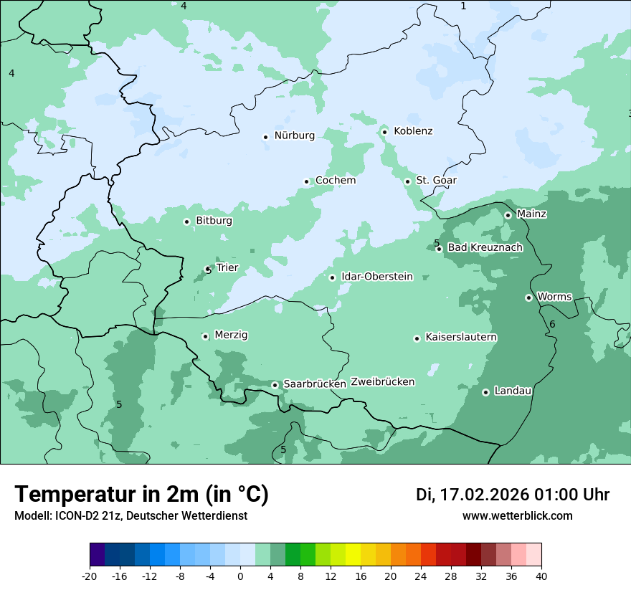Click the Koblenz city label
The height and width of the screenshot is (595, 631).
tap(413, 131)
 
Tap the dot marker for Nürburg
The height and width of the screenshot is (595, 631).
tap(265, 137)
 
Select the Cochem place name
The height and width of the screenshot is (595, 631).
tap(336, 181)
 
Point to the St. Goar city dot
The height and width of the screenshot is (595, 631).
tap(407, 181)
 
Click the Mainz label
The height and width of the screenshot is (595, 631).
tap(531, 214)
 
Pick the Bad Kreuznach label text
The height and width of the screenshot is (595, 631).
tap(485, 248)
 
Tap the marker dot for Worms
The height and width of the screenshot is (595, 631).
tap(528, 297)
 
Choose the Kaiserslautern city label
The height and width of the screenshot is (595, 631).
tap(461, 338)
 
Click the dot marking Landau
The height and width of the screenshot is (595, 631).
tap(485, 392)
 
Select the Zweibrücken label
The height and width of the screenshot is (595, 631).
tap(382, 382)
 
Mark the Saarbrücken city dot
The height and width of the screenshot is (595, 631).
tap(275, 385)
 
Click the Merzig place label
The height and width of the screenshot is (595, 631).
tap(231, 335)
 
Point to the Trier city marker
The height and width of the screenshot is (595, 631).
tap(208, 270)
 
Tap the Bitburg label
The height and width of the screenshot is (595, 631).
tap(214, 221)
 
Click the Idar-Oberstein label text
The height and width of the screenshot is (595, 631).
tap(376, 277)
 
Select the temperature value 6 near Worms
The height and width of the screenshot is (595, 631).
tap(552, 325)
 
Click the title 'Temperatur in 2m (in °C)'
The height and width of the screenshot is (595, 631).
tap(141, 495)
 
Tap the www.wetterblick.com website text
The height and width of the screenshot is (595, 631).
tap(517, 516)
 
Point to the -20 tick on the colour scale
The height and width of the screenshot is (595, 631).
tap(90, 576)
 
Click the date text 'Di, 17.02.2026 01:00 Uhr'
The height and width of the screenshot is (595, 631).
tap(513, 495)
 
